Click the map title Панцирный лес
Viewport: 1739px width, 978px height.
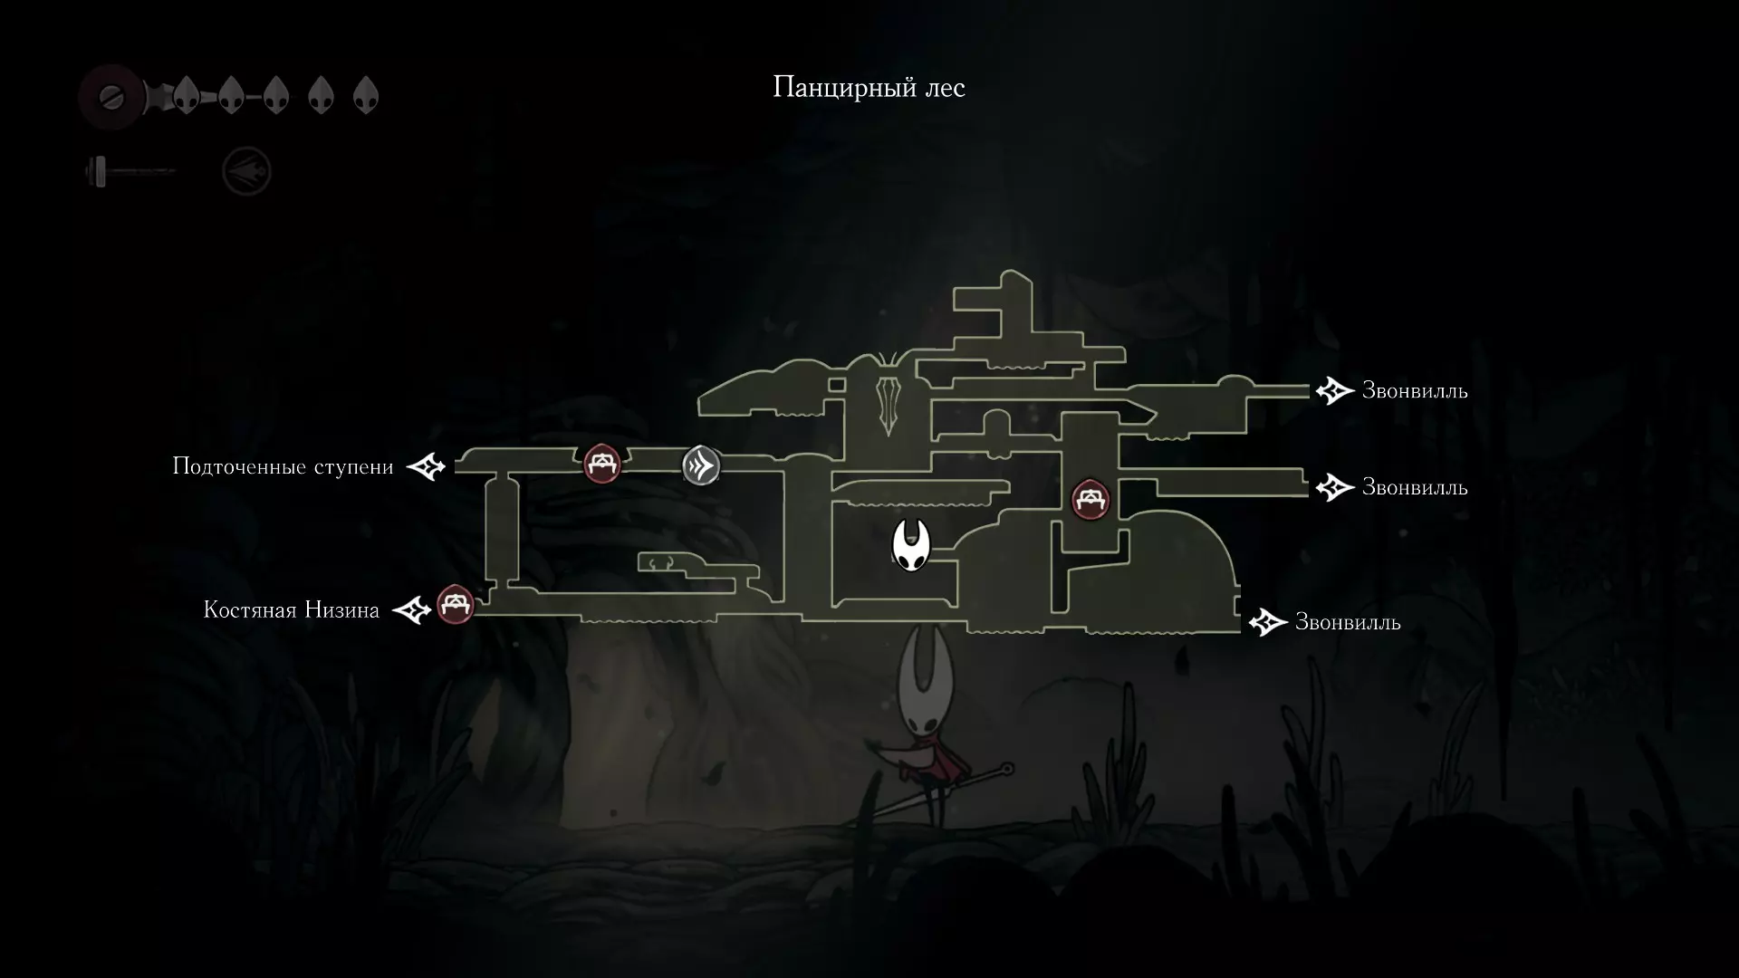(x=869, y=88)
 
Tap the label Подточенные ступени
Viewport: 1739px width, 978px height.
(x=283, y=467)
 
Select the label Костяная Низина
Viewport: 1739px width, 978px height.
(x=291, y=610)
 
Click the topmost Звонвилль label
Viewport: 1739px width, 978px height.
(x=1415, y=391)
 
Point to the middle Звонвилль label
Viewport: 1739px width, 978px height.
(x=1415, y=488)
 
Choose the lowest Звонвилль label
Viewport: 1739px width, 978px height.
(x=1348, y=623)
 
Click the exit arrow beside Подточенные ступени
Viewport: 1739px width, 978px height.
(x=426, y=467)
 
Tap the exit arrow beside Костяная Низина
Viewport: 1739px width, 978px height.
(x=411, y=610)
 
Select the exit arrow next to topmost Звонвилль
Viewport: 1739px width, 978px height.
(x=1334, y=391)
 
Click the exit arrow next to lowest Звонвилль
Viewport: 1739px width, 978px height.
(x=1268, y=623)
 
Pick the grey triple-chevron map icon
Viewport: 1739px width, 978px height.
(x=701, y=465)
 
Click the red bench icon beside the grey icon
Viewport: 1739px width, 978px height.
(x=601, y=465)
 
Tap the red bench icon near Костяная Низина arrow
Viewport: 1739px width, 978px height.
(x=456, y=605)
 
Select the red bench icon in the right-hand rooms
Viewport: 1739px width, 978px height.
(x=1090, y=499)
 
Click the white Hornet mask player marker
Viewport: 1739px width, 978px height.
(x=911, y=546)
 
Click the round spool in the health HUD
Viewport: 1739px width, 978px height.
(x=112, y=95)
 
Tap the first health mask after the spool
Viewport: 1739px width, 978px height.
(x=186, y=94)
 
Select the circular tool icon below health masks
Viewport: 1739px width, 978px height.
(x=246, y=171)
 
